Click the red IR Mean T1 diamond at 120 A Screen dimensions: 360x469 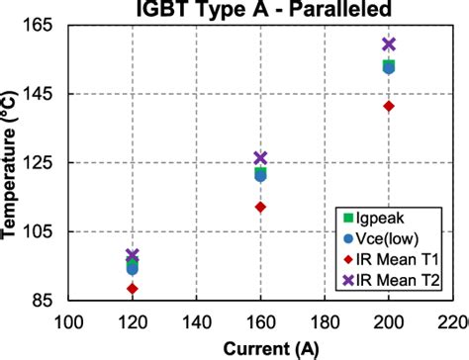click(x=132, y=288)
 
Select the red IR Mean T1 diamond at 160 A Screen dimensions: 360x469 click(x=260, y=207)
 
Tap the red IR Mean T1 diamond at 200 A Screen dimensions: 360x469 click(x=389, y=106)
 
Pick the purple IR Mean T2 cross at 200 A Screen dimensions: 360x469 click(x=389, y=44)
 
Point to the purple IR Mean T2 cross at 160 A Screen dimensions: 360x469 click(x=260, y=158)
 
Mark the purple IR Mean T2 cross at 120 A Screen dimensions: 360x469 click(x=132, y=255)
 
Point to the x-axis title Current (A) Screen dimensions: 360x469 click(x=261, y=349)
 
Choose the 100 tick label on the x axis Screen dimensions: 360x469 click(x=68, y=322)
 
